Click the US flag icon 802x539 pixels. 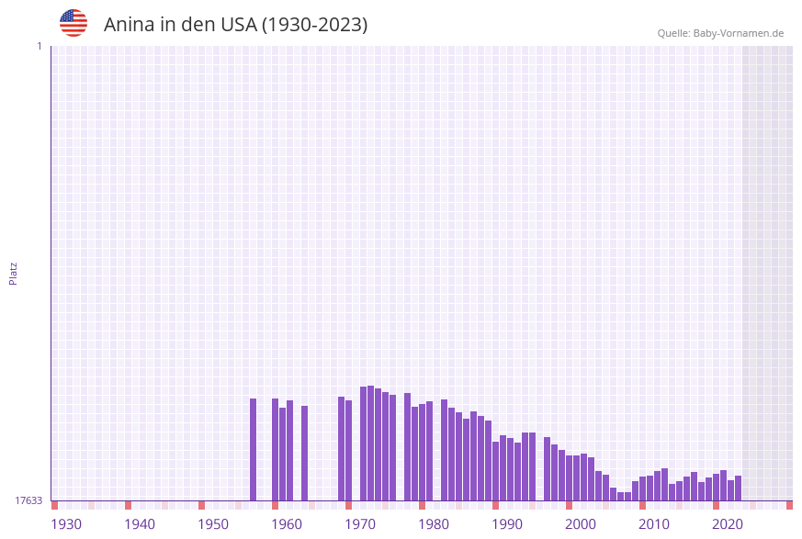pos(73,23)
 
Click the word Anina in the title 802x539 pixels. pos(129,25)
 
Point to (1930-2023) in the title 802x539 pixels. pos(315,25)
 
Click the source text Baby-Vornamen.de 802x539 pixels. pos(739,33)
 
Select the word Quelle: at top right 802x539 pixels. pos(673,33)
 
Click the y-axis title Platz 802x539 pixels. pos(14,274)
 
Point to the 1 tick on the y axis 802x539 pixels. pos(40,46)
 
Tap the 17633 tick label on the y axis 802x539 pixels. pos(28,500)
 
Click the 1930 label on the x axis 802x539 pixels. pos(66,524)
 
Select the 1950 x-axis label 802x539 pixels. pos(213,524)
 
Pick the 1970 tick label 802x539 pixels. pos(360,524)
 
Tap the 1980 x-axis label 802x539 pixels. pos(434,524)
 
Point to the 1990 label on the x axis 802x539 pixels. pos(507,524)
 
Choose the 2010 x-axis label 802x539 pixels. pos(654,524)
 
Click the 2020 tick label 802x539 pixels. pos(728,524)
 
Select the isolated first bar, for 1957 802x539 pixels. pos(254,450)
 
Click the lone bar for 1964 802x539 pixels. pos(305,454)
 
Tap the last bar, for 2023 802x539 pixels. pos(739,488)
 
